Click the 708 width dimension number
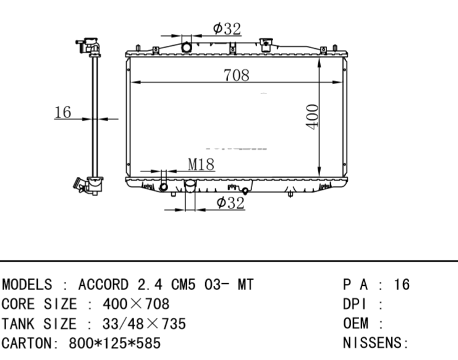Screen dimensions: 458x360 [237, 75]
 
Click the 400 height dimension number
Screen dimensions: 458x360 [312, 116]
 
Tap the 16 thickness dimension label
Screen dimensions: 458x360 [63, 112]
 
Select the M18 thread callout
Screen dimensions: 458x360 [201, 164]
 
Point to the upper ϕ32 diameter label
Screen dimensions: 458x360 [227, 28]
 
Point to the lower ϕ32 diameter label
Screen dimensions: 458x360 [231, 202]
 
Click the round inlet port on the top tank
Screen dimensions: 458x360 [187, 47]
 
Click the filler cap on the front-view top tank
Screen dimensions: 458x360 [266, 45]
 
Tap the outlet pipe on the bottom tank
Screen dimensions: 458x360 [190, 186]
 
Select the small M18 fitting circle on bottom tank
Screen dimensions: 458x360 [164, 187]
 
